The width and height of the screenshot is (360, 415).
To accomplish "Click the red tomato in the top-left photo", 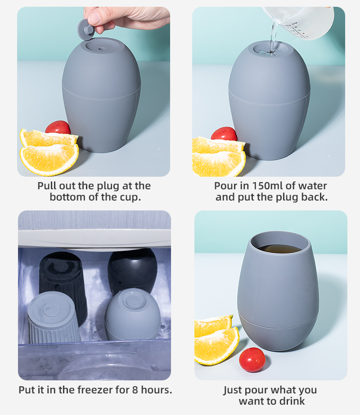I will coord(58,128).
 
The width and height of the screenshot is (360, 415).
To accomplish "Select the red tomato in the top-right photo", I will coord(224,134).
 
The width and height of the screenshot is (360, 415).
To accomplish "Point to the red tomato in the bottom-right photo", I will coord(252,359).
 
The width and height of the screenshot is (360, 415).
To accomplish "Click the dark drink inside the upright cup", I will coord(279,249).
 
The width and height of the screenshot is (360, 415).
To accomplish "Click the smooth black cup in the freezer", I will coord(132,269).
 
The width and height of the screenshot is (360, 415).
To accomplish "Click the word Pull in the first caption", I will coord(48,186).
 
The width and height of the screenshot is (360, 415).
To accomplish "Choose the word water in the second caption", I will coord(313,186).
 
